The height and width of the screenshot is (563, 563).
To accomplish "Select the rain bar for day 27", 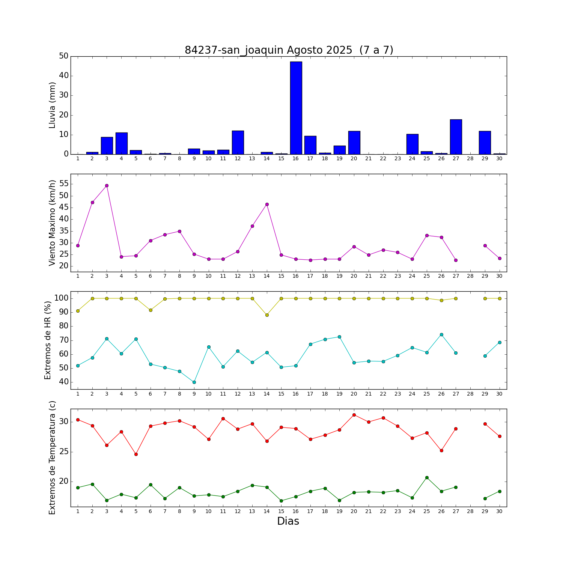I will pyautogui.click(x=456, y=137).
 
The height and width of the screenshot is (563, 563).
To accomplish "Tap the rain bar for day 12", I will pyautogui.click(x=238, y=143).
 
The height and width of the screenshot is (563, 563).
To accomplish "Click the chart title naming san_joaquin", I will pyautogui.click(x=289, y=50).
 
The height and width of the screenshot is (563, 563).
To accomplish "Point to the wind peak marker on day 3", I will pyautogui.click(x=107, y=185).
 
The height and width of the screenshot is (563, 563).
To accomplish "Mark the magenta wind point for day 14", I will pyautogui.click(x=267, y=205).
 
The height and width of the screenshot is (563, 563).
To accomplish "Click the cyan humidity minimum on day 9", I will pyautogui.click(x=194, y=382).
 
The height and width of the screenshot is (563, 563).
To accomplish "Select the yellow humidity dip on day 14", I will pyautogui.click(x=267, y=315).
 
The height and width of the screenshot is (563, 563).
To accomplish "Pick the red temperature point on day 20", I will pyautogui.click(x=354, y=415).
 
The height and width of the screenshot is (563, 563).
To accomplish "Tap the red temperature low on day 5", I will pyautogui.click(x=136, y=454).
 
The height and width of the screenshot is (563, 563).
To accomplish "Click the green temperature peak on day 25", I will pyautogui.click(x=427, y=477).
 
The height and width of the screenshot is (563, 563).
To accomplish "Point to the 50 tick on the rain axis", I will pyautogui.click(x=64, y=56).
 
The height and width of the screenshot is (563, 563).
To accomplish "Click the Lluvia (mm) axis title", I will pyautogui.click(x=52, y=105).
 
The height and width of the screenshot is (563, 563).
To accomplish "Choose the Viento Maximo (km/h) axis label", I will pyautogui.click(x=52, y=223).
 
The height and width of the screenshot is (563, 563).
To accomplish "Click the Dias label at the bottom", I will pyautogui.click(x=288, y=521).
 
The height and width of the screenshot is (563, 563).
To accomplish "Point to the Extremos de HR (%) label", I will pyautogui.click(x=48, y=340).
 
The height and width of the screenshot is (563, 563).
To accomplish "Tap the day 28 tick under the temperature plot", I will pyautogui.click(x=470, y=511).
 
